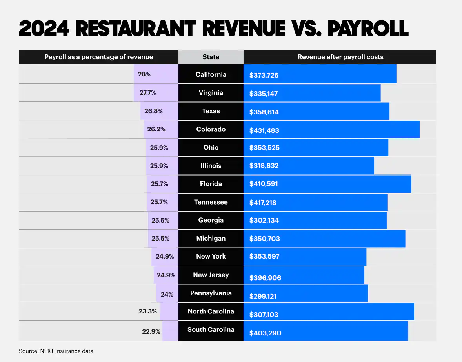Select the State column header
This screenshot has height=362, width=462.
pyautogui.click(x=211, y=57)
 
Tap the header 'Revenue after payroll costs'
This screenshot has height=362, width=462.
pyautogui.click(x=340, y=57)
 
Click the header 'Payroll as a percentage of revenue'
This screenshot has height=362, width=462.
pyautogui.click(x=99, y=57)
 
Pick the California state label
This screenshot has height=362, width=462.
pyautogui.click(x=211, y=74)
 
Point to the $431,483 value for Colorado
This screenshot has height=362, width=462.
pyautogui.click(x=264, y=130)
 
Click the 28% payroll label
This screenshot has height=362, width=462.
pyautogui.click(x=144, y=74)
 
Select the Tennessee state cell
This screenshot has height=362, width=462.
pyautogui.click(x=211, y=202)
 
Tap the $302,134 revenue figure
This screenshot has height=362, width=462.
pyautogui.click(x=264, y=221)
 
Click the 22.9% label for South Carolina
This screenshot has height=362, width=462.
pyautogui.click(x=151, y=331)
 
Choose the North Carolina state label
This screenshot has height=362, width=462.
pyautogui.click(x=211, y=311)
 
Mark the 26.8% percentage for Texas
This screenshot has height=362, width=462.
pyautogui.click(x=153, y=111)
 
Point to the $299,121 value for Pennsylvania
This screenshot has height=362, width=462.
pyautogui.click(x=263, y=297)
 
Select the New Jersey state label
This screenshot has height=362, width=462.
pyautogui.click(x=211, y=275)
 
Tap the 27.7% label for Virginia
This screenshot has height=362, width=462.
pyautogui.click(x=148, y=93)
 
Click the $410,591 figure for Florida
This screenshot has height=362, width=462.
pyautogui.click(x=264, y=184)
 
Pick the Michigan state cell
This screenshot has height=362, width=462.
pyautogui.click(x=211, y=238)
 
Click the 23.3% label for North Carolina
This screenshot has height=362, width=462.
pyautogui.click(x=148, y=311)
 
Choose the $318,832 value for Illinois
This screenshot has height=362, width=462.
pyautogui.click(x=264, y=166)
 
